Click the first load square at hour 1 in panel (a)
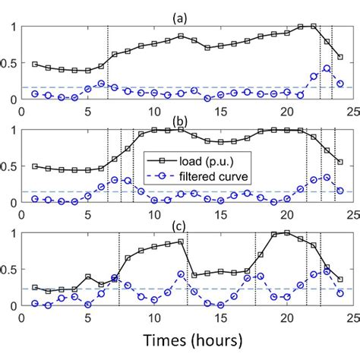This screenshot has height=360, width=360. (35, 64)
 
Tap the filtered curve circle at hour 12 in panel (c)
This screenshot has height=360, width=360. (181, 274)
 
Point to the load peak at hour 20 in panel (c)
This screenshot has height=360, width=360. (287, 232)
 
